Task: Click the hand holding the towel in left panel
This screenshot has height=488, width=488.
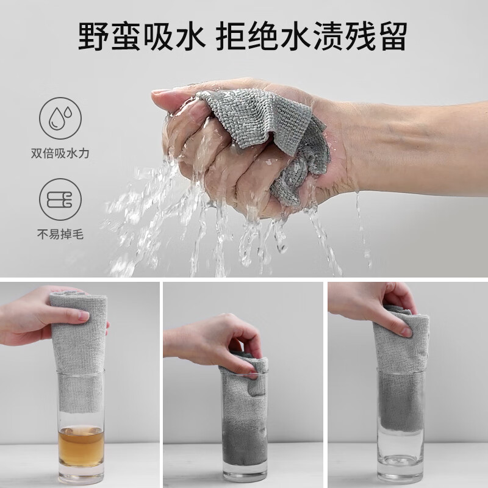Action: tap(27, 317)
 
